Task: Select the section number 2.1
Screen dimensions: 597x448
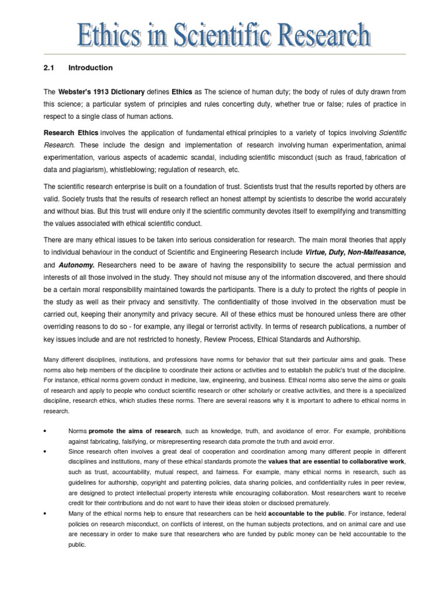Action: [48, 68]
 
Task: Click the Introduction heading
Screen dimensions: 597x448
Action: [90, 68]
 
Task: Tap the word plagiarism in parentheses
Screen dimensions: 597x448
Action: [93, 169]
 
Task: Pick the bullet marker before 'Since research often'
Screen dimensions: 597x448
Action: [45, 451]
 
